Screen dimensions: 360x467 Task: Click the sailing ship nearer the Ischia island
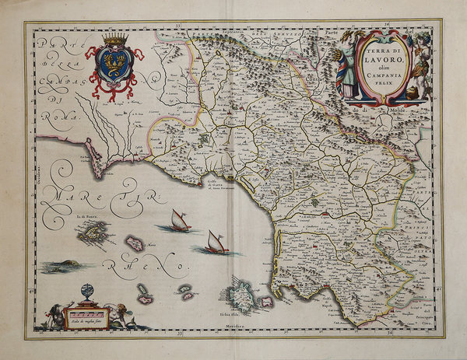(215, 243)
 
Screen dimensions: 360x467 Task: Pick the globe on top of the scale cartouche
(87, 292)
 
